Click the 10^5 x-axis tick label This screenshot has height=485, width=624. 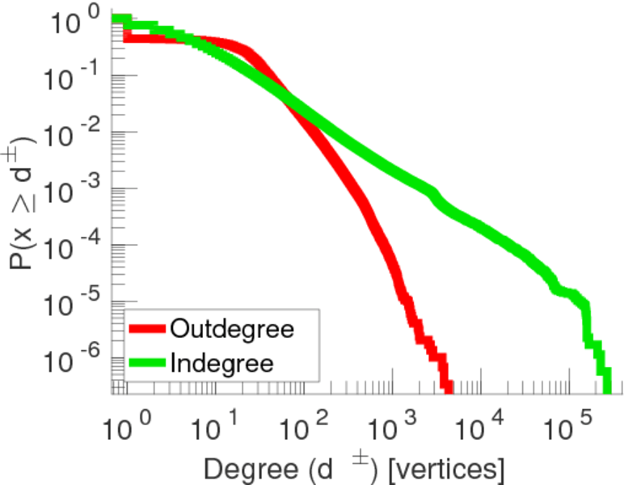coord(572,422)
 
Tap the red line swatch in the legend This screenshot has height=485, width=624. coord(148,330)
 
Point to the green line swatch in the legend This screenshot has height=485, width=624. coord(148,363)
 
